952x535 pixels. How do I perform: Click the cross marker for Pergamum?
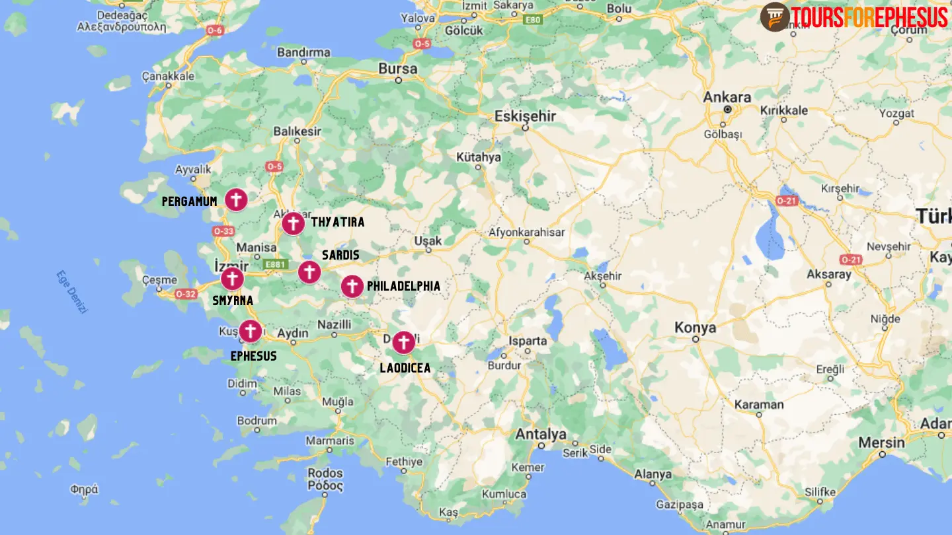tap(236, 199)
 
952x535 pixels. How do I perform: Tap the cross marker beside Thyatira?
tap(293, 224)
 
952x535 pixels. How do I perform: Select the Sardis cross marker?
tap(309, 271)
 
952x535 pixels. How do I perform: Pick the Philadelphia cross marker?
tap(352, 287)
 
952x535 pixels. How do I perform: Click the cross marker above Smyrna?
tap(232, 279)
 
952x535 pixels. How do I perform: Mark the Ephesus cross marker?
tap(250, 331)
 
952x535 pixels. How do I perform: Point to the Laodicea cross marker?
tap(403, 343)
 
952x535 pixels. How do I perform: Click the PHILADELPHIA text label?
tap(403, 287)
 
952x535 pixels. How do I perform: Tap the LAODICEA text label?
tap(405, 368)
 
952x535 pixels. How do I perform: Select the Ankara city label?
tap(727, 98)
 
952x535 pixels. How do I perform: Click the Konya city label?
tap(695, 328)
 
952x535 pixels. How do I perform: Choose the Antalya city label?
tap(541, 434)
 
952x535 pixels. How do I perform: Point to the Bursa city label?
tap(397, 69)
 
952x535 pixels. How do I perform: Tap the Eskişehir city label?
tap(525, 116)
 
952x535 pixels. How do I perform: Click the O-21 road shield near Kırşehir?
tap(787, 200)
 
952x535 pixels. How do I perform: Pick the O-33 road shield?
tap(223, 231)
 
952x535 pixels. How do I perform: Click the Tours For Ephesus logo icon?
tap(774, 17)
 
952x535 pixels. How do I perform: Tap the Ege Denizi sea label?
tap(71, 291)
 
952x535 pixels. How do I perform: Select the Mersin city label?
tap(881, 443)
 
